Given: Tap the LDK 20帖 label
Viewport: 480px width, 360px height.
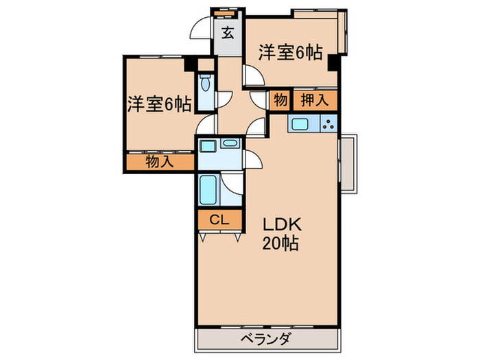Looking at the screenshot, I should click(278, 233).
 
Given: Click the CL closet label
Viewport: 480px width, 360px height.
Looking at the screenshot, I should click(219, 220).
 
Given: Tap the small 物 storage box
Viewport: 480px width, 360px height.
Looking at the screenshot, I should click(280, 100).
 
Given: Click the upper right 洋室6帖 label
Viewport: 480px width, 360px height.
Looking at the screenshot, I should click(290, 53).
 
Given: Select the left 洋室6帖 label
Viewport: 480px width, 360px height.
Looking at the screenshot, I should click(158, 104).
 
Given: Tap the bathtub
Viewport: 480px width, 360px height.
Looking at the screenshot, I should click(208, 189).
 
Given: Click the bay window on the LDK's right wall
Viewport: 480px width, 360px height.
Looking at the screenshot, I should click(348, 163).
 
